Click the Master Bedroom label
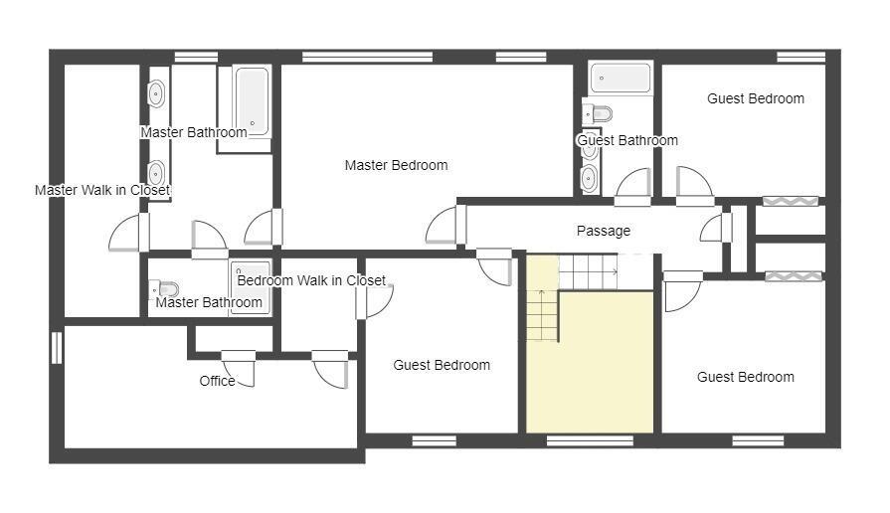pyautogui.click(x=396, y=165)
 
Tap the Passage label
pyautogui.click(x=604, y=231)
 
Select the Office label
pyautogui.click(x=218, y=381)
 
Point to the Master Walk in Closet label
pyautogui.click(x=102, y=190)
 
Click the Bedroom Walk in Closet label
pyautogui.click(x=311, y=280)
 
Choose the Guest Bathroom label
pyautogui.click(x=627, y=140)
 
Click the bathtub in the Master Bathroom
pyautogui.click(x=252, y=101)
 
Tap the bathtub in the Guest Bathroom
pyautogui.click(x=621, y=78)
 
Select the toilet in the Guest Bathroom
pyautogui.click(x=597, y=114)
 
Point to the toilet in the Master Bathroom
pyautogui.click(x=164, y=289)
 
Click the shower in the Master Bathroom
pyautogui.click(x=251, y=288)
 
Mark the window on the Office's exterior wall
pyautogui.click(x=57, y=347)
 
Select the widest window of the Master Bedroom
pyautogui.click(x=367, y=57)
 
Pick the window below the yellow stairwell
pyautogui.click(x=590, y=441)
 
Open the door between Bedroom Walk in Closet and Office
pyautogui.click(x=330, y=369)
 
